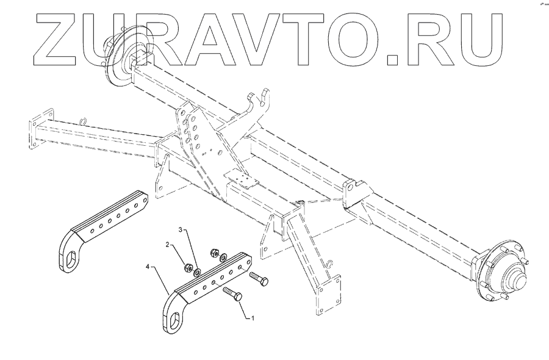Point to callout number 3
pos(181,229)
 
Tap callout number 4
pos(148,266)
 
